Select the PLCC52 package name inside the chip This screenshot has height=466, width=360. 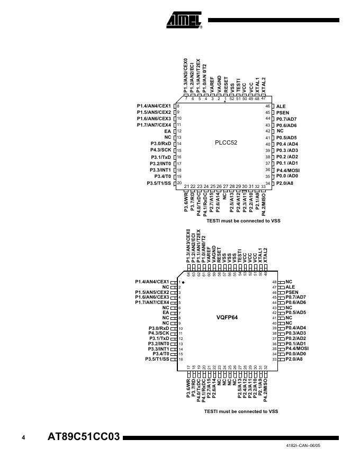[x=226, y=142]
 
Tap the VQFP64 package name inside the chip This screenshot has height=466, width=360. [x=227, y=317]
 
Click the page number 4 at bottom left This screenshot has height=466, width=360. [x=23, y=438]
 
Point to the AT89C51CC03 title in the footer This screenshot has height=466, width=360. [x=84, y=438]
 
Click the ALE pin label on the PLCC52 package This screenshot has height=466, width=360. [x=281, y=106]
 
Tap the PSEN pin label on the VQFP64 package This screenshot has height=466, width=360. [x=292, y=292]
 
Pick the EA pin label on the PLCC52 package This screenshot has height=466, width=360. [x=167, y=131]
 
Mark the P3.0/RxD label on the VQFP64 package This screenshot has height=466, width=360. [x=158, y=328]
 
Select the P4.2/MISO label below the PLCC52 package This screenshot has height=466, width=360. [x=263, y=202]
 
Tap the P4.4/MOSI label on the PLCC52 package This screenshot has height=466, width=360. [x=288, y=170]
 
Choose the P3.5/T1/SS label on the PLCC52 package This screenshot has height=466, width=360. [x=159, y=183]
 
